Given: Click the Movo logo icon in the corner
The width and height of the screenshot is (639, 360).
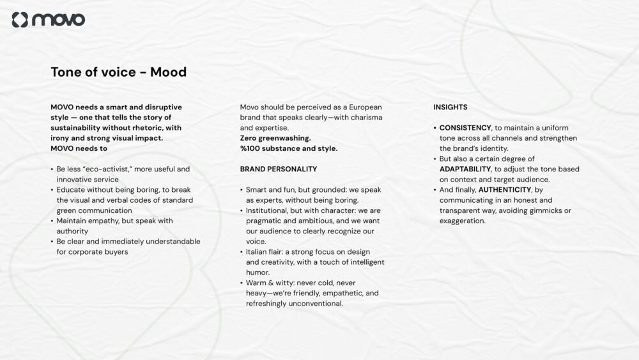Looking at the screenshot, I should [x=20, y=20].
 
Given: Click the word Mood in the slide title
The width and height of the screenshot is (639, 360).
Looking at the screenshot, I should [x=168, y=72].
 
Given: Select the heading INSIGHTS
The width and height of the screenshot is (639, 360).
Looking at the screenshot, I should [x=450, y=107].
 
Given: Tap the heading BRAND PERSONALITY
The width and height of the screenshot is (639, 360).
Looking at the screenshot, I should [x=279, y=169].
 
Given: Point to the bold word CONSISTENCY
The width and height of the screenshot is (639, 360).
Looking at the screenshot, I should [x=465, y=128].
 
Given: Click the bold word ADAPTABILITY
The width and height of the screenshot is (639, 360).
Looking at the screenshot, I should [x=465, y=169].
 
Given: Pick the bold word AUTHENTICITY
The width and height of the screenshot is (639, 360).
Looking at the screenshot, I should [x=504, y=190].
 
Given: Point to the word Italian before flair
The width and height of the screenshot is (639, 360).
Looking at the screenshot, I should [x=258, y=252].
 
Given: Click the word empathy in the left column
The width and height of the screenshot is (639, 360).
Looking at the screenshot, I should [x=106, y=221].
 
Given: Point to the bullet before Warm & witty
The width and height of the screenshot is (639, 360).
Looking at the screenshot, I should [x=242, y=283].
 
